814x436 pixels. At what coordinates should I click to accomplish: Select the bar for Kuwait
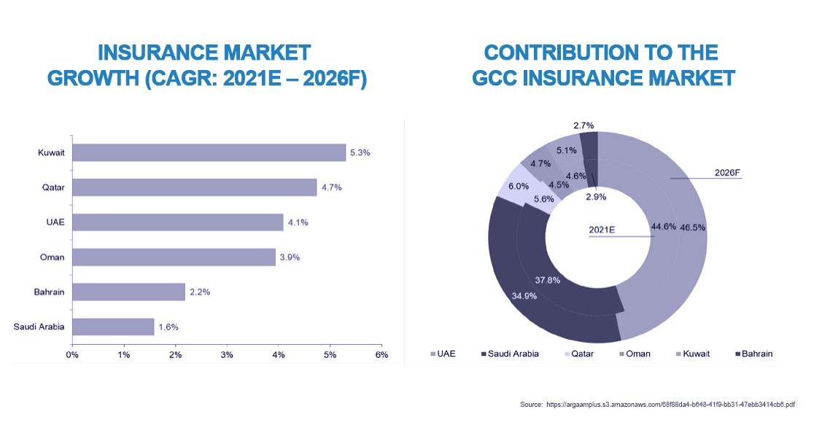pos(209,152)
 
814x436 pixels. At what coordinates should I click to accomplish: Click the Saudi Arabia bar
pos(113,327)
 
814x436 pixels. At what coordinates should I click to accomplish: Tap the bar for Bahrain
pos(128,292)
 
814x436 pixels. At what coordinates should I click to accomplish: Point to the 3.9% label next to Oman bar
pos(290,257)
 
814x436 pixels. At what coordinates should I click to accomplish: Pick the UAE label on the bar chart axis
pos(55,222)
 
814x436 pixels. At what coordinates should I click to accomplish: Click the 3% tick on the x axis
pos(227,354)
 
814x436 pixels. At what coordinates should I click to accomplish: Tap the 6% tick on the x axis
pos(381,354)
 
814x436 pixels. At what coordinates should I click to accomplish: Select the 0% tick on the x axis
pos(72,354)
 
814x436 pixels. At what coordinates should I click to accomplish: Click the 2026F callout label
pos(727,173)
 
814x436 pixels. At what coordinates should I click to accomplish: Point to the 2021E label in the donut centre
pos(602,230)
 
